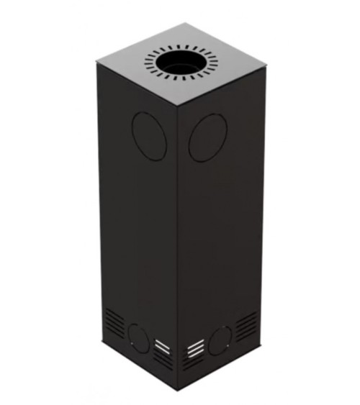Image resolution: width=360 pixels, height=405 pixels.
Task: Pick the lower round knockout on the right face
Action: point(220,337)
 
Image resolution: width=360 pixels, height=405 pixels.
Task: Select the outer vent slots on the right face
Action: point(246,325)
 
